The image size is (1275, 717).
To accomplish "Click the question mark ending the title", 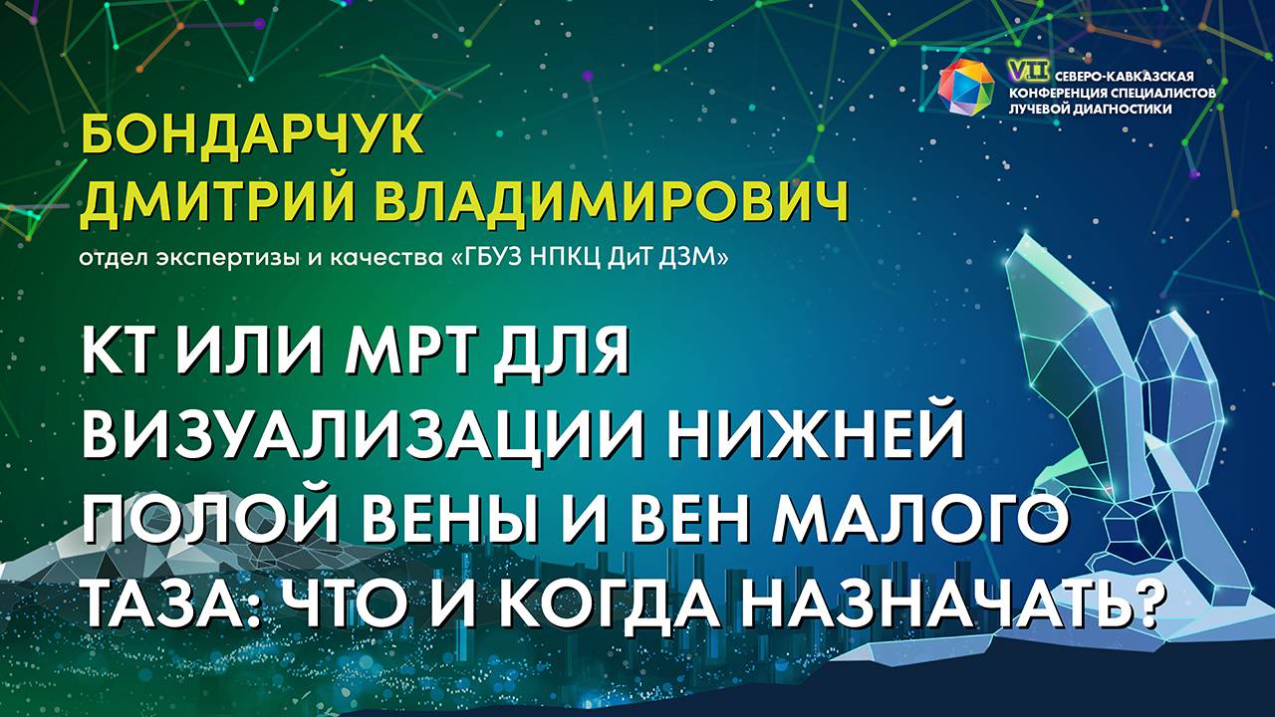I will tap(1147, 601).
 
